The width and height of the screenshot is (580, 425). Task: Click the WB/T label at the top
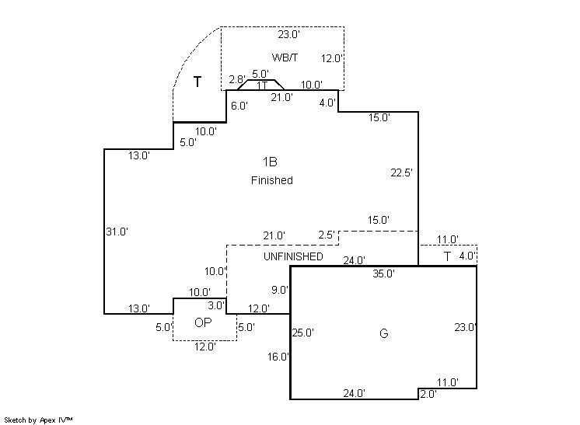pyautogui.click(x=285, y=58)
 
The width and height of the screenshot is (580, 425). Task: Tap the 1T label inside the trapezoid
pyautogui.click(x=262, y=85)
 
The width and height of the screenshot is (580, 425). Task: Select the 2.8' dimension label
pyautogui.click(x=237, y=79)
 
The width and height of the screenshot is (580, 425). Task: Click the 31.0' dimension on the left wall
pyautogui.click(x=117, y=231)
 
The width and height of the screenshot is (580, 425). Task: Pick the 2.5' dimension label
pyautogui.click(x=327, y=235)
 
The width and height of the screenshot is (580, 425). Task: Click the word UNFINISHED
pyautogui.click(x=293, y=256)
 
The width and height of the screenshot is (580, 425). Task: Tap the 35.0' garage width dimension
pyautogui.click(x=383, y=273)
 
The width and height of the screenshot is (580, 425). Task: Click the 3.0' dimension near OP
pyautogui.click(x=215, y=306)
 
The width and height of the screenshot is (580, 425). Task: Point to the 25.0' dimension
pyautogui.click(x=302, y=333)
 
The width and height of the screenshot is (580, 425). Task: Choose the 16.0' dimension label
pyautogui.click(x=278, y=357)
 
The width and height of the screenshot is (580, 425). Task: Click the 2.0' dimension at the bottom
pyautogui.click(x=428, y=394)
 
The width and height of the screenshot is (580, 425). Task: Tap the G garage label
pyautogui.click(x=383, y=334)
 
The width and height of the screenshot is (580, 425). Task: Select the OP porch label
pyautogui.click(x=202, y=323)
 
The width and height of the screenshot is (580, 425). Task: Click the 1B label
pyautogui.click(x=270, y=162)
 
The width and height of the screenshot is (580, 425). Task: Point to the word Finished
pyautogui.click(x=271, y=180)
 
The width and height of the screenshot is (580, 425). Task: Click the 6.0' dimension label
pyautogui.click(x=239, y=106)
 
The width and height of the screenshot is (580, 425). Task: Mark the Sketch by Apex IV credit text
pyautogui.click(x=38, y=420)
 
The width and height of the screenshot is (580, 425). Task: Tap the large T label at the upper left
pyautogui.click(x=197, y=82)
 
